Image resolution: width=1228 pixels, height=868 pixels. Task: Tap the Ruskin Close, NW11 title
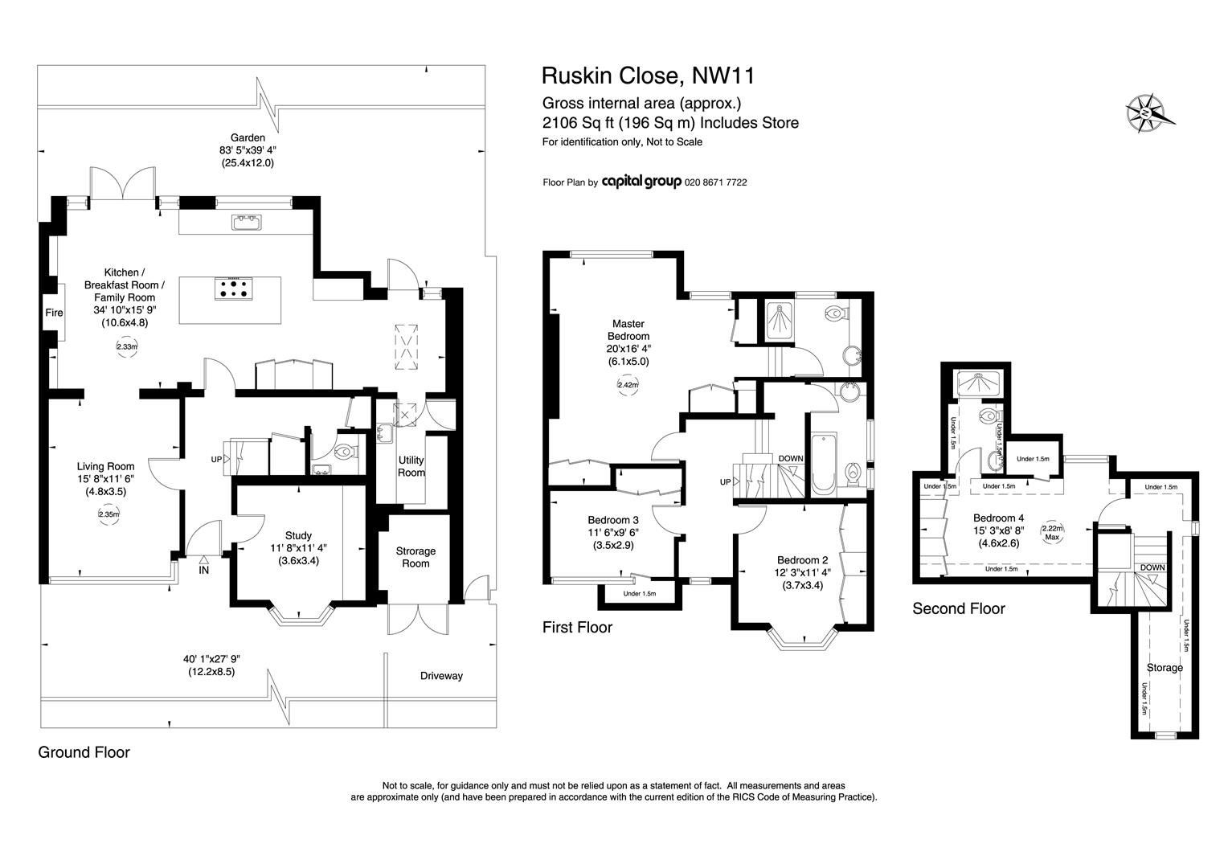click(x=648, y=76)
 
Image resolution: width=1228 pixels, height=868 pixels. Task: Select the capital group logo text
click(x=641, y=182)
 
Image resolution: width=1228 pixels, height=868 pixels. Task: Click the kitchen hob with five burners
click(x=234, y=289)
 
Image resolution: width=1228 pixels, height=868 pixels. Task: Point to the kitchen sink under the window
click(x=247, y=222)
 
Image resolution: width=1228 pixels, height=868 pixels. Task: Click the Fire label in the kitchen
click(x=54, y=313)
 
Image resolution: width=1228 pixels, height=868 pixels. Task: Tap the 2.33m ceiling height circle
click(x=127, y=346)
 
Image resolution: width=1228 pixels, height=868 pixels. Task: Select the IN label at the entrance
click(x=203, y=571)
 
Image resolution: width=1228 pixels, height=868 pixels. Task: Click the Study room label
click(x=298, y=536)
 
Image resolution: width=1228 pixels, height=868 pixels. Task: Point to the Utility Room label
click(x=411, y=466)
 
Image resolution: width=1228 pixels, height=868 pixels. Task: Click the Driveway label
click(x=441, y=676)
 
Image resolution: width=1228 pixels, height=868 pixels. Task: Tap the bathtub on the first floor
click(x=824, y=464)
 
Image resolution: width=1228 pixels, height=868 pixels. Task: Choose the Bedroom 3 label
click(x=613, y=520)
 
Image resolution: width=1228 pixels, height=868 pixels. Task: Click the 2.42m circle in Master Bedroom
click(x=628, y=385)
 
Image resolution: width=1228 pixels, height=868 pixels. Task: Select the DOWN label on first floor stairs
click(x=791, y=458)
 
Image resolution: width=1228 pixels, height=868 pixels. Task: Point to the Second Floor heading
click(x=958, y=608)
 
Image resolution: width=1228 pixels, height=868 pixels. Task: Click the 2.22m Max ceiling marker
click(x=1052, y=532)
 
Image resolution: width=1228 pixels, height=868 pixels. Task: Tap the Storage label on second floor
click(x=1165, y=668)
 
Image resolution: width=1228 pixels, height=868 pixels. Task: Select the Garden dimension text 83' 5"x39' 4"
click(x=248, y=150)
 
